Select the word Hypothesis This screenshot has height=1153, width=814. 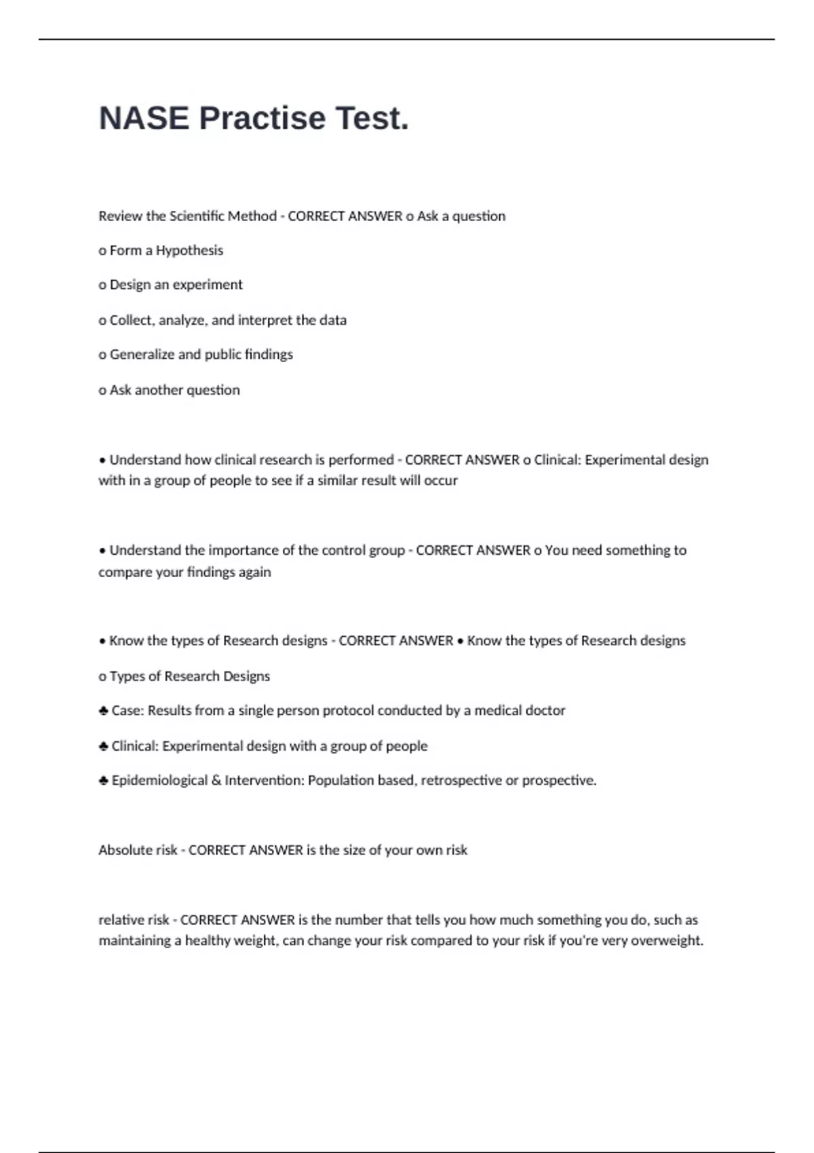point(189,250)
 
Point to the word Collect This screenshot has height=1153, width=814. point(132,320)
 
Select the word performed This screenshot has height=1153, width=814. point(361,460)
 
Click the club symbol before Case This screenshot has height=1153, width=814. point(103,711)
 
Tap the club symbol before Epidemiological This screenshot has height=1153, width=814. point(103,781)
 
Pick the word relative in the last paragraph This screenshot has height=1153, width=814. point(119,920)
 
